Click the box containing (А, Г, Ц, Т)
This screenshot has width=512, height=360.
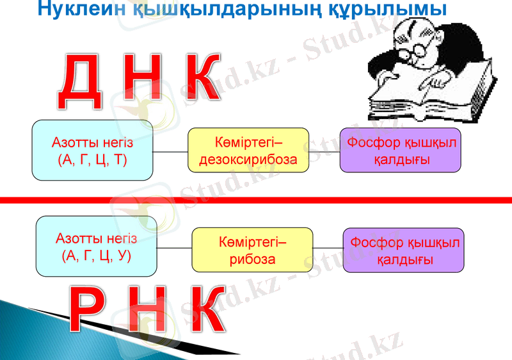coord(93,150)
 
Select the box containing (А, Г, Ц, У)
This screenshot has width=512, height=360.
coord(96,247)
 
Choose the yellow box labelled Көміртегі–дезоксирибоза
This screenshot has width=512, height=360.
coord(248,150)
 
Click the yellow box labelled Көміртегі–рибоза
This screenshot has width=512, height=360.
coord(252,250)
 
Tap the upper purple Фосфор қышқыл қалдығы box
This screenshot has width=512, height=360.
coord(401,150)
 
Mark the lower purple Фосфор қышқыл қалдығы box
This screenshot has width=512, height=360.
coord(403,250)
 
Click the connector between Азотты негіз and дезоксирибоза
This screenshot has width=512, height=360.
coord(170,152)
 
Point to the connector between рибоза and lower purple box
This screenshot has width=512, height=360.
coord(328,248)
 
